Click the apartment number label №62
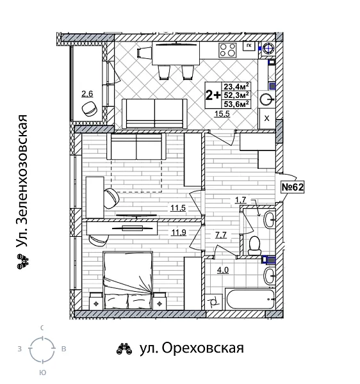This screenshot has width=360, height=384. tap(292, 187)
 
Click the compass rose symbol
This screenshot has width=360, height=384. tap(42, 349)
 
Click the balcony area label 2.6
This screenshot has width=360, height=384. tap(87, 94)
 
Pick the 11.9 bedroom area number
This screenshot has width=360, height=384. tap(179, 232)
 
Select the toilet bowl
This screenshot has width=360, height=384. tap(254, 244)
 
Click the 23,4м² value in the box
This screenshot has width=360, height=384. tap(236, 87)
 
